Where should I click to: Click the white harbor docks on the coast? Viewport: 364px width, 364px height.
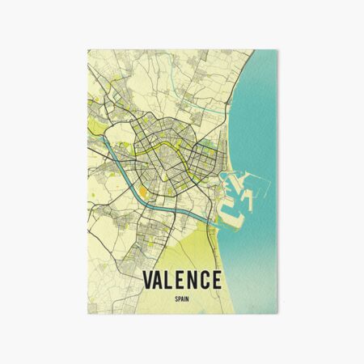coord(229,194)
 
